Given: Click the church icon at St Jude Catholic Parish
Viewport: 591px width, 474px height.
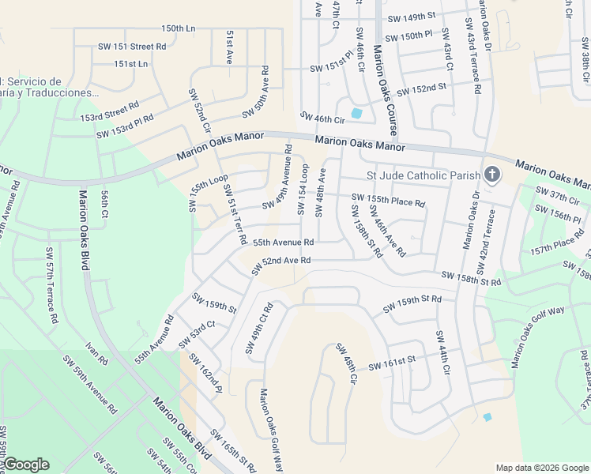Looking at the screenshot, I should click(x=491, y=175).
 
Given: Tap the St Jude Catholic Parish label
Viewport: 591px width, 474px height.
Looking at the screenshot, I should click(x=423, y=175).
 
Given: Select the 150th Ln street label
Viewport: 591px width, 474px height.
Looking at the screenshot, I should click(x=178, y=28).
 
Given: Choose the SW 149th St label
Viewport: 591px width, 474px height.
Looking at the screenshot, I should click(x=412, y=17).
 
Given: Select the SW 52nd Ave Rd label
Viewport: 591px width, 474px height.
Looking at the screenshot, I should click(x=280, y=265).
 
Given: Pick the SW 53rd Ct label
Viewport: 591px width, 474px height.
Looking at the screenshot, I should click(x=197, y=334).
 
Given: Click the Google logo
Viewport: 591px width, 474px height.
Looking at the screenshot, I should click(x=27, y=465).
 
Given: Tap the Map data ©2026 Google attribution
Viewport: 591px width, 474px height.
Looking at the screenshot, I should click(x=541, y=468).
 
